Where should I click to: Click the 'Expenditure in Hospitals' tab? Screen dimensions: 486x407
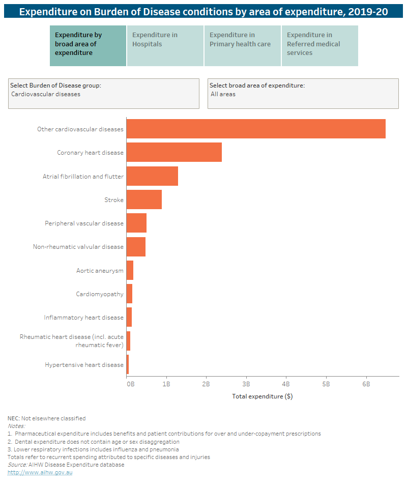[x=165, y=46]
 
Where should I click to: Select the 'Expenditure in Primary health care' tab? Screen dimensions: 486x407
[x=243, y=46]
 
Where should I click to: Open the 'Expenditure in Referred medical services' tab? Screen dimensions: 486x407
[x=319, y=46]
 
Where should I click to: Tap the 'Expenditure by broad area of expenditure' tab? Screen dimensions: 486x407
[x=88, y=46]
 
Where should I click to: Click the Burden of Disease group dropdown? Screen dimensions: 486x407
[x=104, y=94]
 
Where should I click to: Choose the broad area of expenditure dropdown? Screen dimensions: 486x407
[x=303, y=94]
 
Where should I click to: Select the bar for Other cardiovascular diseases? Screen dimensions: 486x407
[x=256, y=129]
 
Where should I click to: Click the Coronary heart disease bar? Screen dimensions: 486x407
[x=174, y=152]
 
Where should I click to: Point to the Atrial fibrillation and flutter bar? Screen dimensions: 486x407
[x=152, y=176]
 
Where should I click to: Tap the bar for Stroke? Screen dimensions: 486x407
[x=144, y=199]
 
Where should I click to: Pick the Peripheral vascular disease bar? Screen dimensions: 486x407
[x=136, y=223]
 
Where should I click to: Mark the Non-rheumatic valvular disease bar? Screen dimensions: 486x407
[x=136, y=246]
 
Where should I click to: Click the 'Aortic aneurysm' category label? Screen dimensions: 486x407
[x=100, y=270]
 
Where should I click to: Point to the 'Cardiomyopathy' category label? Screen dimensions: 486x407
[x=100, y=294]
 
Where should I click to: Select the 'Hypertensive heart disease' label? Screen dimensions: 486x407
[x=84, y=364]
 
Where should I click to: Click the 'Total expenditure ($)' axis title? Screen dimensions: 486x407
[x=262, y=396]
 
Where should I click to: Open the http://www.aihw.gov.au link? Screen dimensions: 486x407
[x=33, y=472]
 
